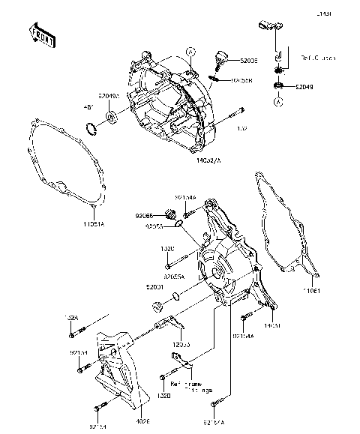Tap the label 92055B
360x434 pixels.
tap(241, 79)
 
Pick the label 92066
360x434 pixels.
tap(144, 216)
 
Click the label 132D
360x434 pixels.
tap(167, 248)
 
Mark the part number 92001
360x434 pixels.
tap(155, 287)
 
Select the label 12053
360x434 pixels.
tap(181, 343)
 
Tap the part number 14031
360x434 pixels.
tap(272, 326)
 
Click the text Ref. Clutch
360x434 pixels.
tap(319, 57)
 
